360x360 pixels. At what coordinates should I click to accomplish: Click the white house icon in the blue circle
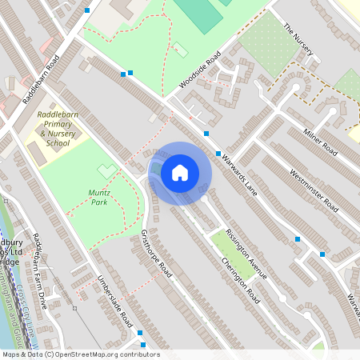tap(180, 173)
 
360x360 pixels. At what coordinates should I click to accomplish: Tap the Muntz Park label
tap(98, 198)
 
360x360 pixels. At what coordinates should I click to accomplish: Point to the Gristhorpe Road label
tap(157, 254)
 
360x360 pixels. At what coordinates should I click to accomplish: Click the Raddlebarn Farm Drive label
tap(39, 268)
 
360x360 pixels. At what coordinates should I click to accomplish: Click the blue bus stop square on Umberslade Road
tap(140, 332)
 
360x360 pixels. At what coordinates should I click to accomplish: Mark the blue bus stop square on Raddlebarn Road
tap(86, 10)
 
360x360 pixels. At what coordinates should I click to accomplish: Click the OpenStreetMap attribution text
tap(80, 354)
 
